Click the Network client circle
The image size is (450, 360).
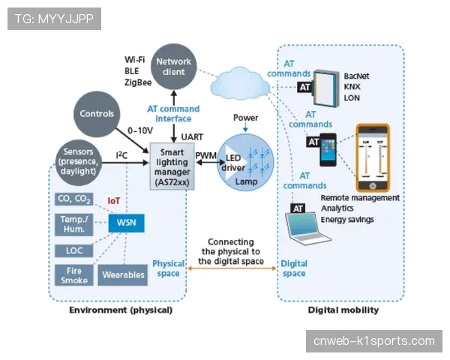[174, 66]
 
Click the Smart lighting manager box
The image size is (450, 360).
[172, 166]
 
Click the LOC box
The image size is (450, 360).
[73, 250]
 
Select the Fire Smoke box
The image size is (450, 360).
[73, 274]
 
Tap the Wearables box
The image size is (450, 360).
[123, 274]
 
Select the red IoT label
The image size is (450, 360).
[114, 201]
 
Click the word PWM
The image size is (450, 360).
[205, 155]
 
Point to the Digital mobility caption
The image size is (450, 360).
[343, 310]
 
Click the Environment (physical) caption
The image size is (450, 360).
[120, 310]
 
